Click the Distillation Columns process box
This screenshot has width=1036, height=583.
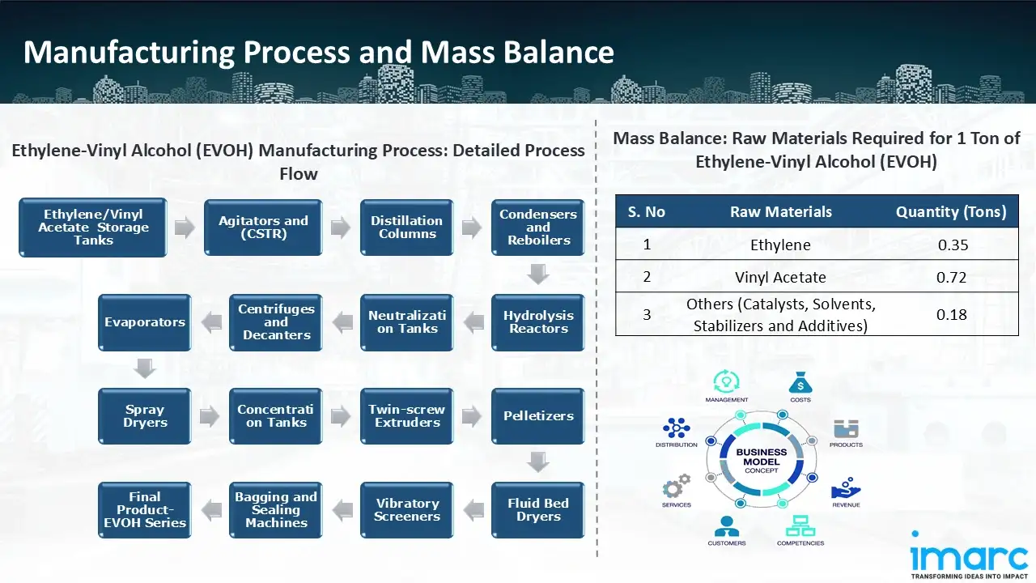(x=407, y=228)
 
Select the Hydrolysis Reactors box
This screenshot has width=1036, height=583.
(x=538, y=321)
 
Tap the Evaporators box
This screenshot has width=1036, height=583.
(x=145, y=321)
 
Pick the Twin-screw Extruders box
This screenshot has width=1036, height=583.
(x=407, y=415)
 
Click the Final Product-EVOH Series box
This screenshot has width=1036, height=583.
(x=145, y=509)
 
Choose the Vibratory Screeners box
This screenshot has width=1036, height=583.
(x=407, y=509)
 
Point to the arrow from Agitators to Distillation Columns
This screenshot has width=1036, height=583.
(x=342, y=228)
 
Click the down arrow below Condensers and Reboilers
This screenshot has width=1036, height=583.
(x=538, y=274)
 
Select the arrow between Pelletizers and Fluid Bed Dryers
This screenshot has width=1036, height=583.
(x=538, y=462)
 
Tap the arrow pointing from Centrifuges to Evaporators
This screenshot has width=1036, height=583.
(x=210, y=322)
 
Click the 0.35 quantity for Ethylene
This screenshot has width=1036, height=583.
(x=952, y=245)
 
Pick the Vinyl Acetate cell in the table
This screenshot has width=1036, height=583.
(x=780, y=277)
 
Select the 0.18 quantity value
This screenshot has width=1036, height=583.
(x=952, y=314)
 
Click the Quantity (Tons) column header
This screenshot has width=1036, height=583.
(x=951, y=212)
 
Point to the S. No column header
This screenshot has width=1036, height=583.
(x=646, y=212)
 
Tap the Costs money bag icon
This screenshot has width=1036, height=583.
(x=800, y=381)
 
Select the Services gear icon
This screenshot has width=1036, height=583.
(x=676, y=487)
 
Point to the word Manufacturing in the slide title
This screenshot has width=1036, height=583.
(x=129, y=53)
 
